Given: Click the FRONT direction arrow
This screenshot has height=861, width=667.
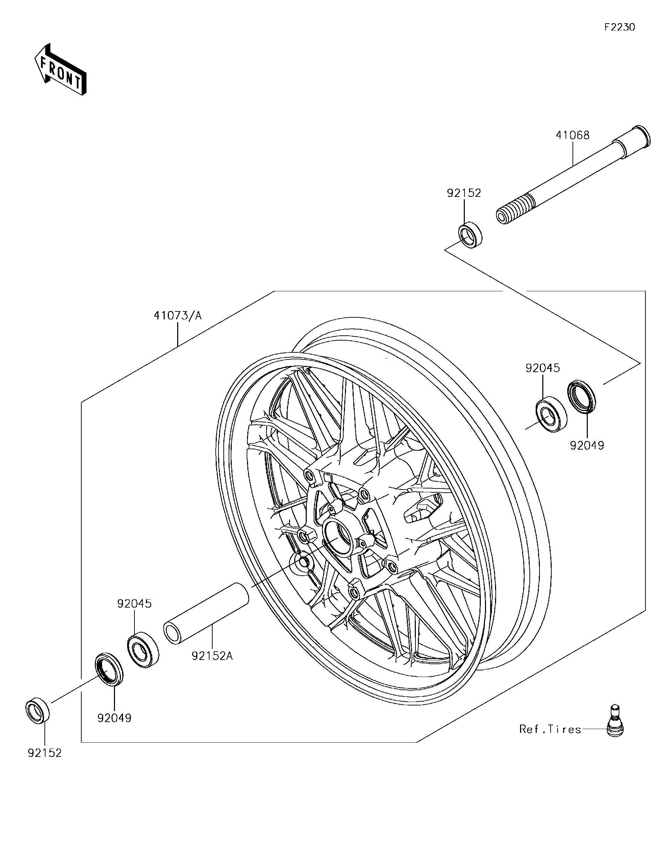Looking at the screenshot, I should tap(60, 70).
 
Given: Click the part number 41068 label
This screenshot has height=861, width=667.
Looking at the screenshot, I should tap(572, 135).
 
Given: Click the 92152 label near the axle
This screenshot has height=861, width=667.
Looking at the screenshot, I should tap(464, 193).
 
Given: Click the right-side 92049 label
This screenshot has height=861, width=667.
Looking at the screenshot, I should tap(586, 445).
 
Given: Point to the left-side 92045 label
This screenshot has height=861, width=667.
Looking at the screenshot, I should tap(134, 603).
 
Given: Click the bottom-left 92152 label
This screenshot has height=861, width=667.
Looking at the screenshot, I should tap(44, 753).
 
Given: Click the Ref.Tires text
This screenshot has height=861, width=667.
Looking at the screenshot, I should tap(550, 729).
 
